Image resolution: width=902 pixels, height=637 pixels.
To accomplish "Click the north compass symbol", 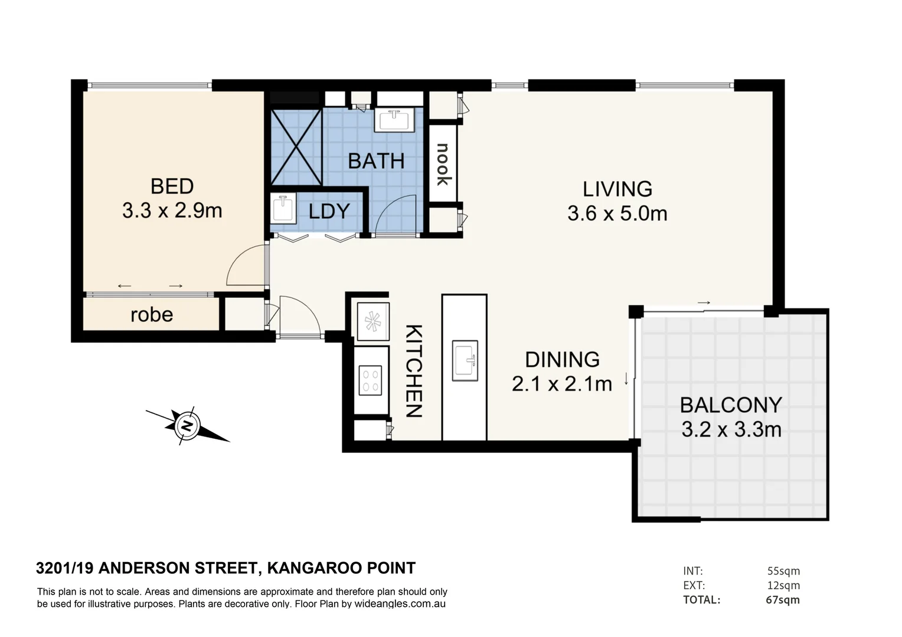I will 187,425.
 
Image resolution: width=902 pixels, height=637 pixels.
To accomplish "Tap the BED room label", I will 172,186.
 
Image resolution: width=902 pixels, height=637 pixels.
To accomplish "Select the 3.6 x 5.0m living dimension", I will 617,214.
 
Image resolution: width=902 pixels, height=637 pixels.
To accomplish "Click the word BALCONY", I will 731,405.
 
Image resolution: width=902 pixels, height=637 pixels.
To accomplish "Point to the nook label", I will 443,164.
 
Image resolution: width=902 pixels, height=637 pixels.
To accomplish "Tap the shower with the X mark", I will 296,147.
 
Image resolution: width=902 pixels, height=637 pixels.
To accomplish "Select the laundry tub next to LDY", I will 284,210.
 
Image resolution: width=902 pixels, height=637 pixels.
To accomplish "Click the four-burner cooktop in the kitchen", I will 371,380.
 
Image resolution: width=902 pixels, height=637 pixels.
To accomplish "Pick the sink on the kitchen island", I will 465,360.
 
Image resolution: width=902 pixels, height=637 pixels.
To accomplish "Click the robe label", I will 152,315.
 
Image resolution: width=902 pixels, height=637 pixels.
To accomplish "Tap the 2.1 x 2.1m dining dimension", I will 561,385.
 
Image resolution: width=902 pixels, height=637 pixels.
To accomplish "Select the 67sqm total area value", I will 783,600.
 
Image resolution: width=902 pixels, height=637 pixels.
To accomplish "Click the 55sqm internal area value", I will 783,571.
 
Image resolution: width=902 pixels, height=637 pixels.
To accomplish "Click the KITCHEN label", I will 414,370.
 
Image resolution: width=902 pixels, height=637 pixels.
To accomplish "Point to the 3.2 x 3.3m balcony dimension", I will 731,430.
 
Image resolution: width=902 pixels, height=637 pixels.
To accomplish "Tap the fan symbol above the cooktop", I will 372,321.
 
